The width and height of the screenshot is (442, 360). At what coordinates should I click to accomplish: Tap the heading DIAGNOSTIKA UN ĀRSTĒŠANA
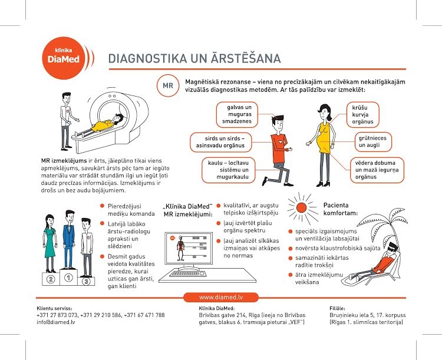(x=194, y=58)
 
